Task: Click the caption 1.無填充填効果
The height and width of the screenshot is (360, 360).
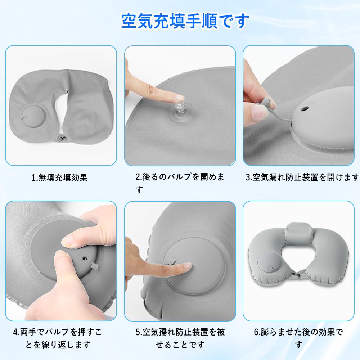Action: tap(59, 177)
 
